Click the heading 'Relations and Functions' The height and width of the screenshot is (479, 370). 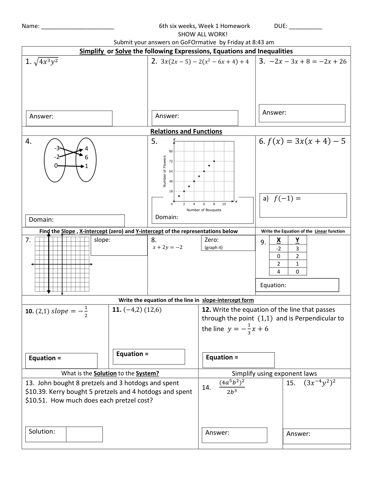(186, 131)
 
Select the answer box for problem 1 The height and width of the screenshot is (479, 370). (69, 118)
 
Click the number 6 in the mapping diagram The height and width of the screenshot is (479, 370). (87, 157)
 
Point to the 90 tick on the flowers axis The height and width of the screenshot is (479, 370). (171, 151)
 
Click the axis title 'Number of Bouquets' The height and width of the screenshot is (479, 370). (204, 210)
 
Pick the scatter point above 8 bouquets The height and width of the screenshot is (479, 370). (214, 161)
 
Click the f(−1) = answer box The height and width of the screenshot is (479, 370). (303, 205)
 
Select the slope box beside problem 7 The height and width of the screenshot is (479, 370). (119, 245)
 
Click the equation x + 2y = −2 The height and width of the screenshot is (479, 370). (167, 247)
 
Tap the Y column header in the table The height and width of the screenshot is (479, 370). (297, 240)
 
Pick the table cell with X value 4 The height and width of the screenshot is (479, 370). (279, 272)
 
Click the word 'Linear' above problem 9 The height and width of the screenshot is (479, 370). (320, 231)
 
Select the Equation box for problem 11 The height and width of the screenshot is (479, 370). (149, 356)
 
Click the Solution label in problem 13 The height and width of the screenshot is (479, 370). (42, 432)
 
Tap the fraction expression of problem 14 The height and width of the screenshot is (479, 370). (232, 387)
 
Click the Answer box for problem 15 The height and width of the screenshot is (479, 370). (317, 436)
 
